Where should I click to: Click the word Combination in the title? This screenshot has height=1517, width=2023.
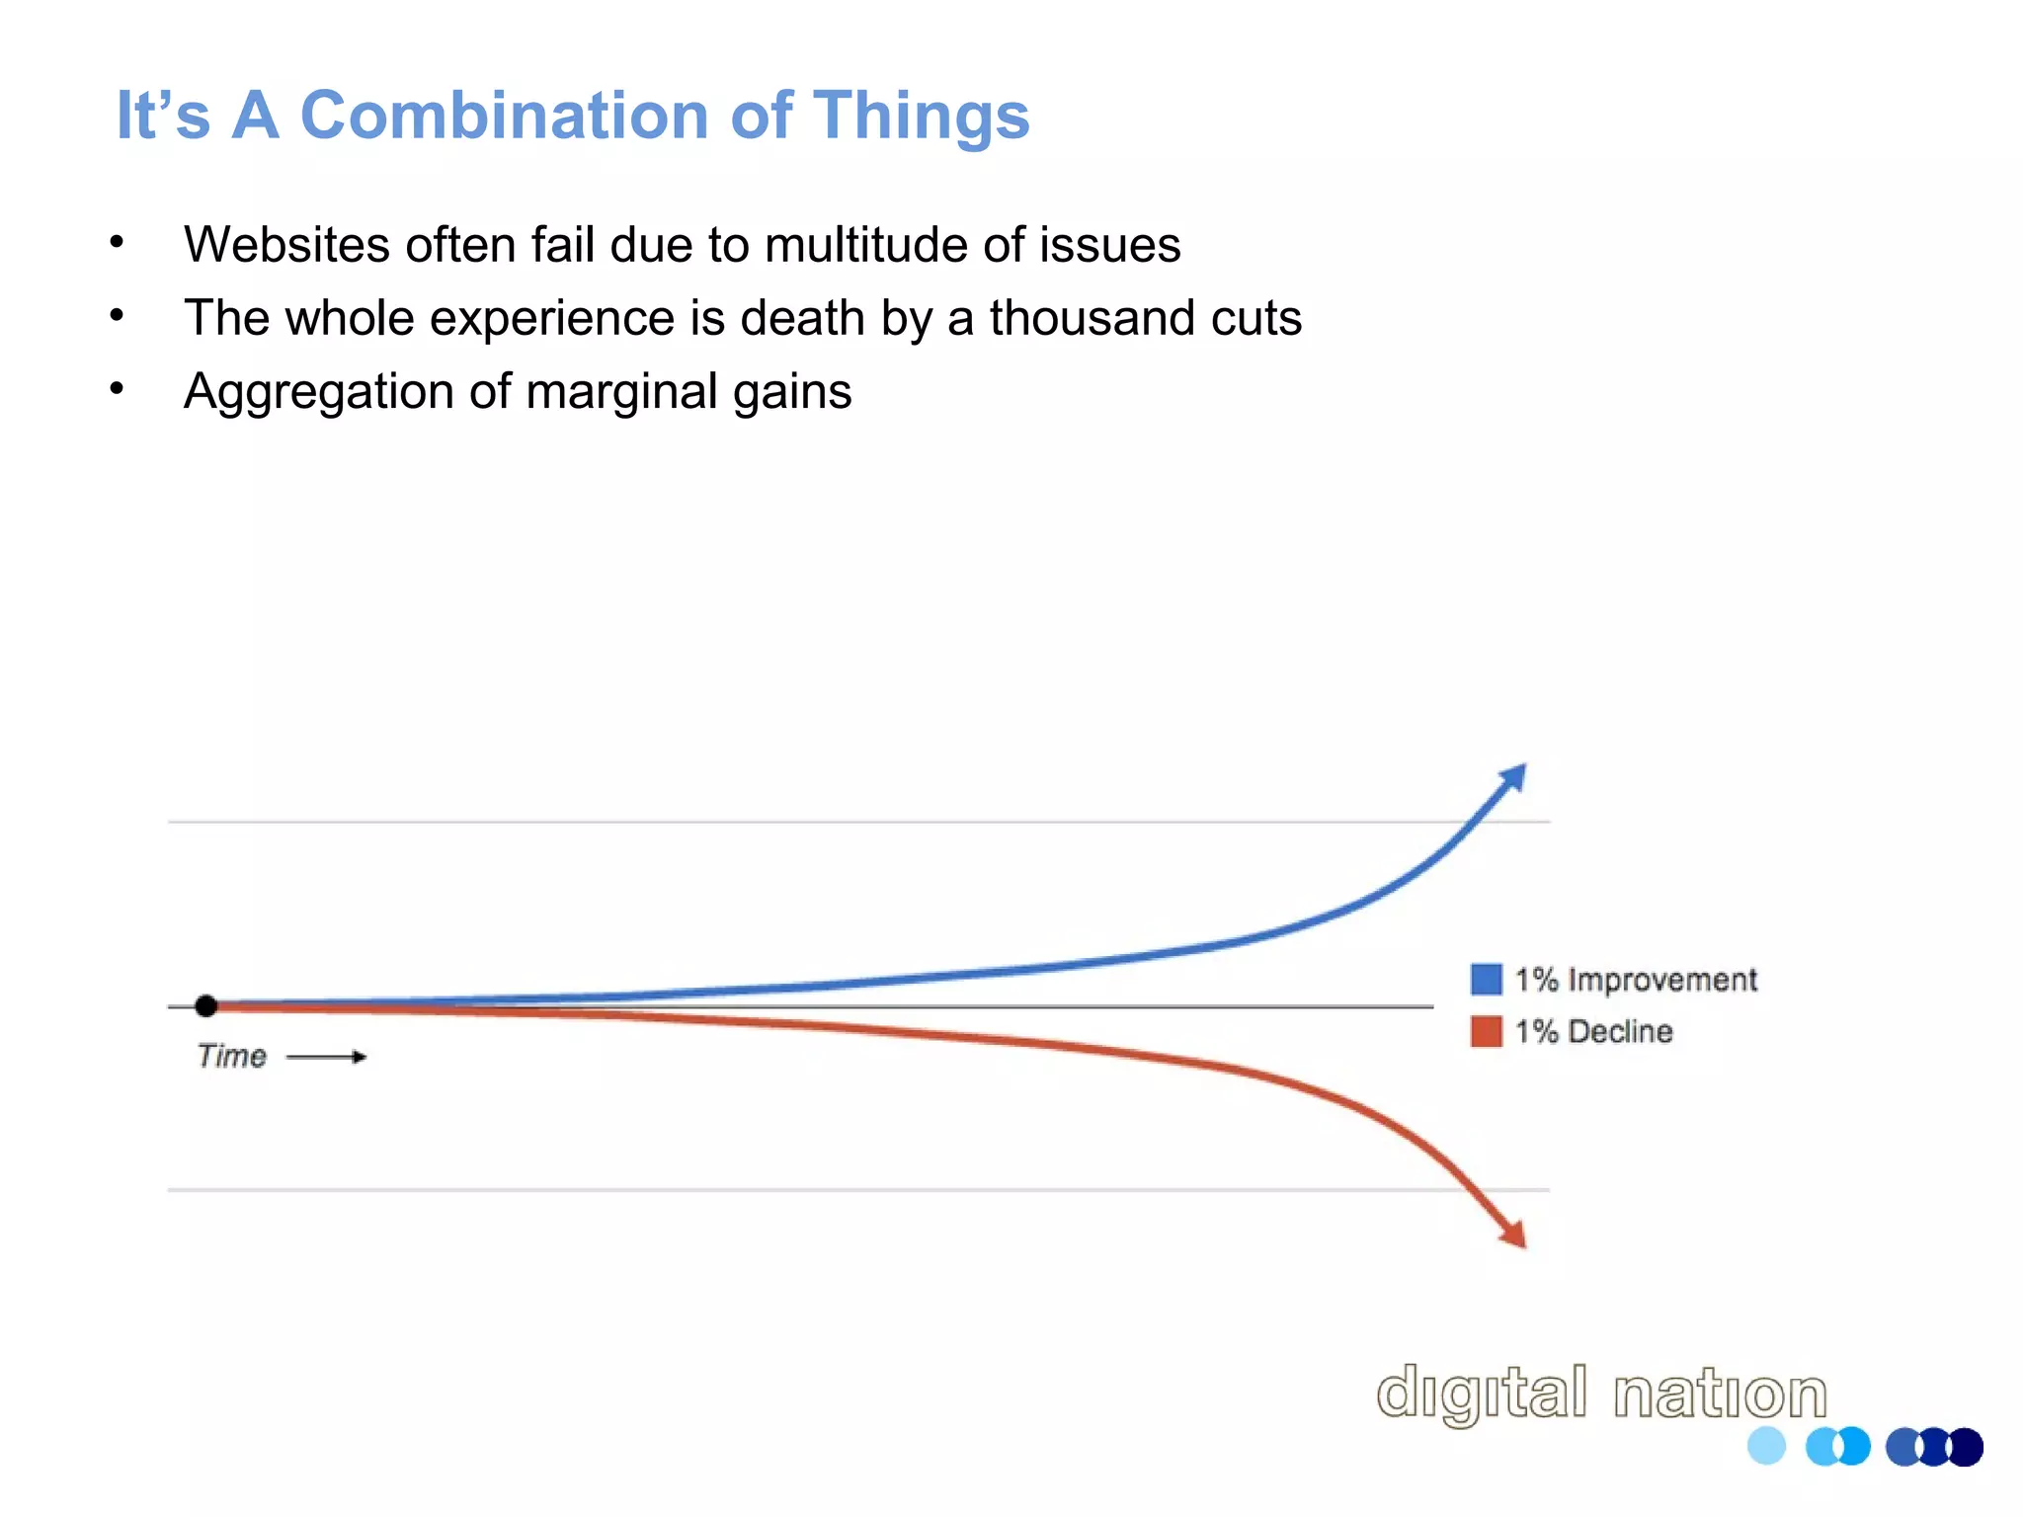tap(504, 116)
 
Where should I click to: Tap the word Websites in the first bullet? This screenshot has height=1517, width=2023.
tap(286, 245)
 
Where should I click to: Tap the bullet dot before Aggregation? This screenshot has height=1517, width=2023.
tap(117, 388)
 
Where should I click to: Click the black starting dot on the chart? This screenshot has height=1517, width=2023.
tap(205, 1006)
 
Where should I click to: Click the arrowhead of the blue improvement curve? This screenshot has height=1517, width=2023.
tap(1512, 777)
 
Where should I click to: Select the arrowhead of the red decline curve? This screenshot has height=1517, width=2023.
tap(1513, 1234)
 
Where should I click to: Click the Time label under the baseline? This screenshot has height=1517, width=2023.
tap(231, 1057)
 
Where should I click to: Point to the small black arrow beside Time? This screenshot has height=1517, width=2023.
tap(327, 1057)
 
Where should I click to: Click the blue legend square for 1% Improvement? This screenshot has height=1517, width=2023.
tap(1486, 979)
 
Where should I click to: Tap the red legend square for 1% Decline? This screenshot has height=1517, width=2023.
tap(1486, 1031)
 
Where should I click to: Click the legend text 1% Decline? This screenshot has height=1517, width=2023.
tap(1593, 1031)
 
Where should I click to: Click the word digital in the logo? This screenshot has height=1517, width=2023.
tap(1482, 1394)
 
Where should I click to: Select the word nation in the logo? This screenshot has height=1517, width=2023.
tap(1720, 1394)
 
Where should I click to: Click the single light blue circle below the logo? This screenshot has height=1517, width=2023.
tap(1766, 1446)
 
